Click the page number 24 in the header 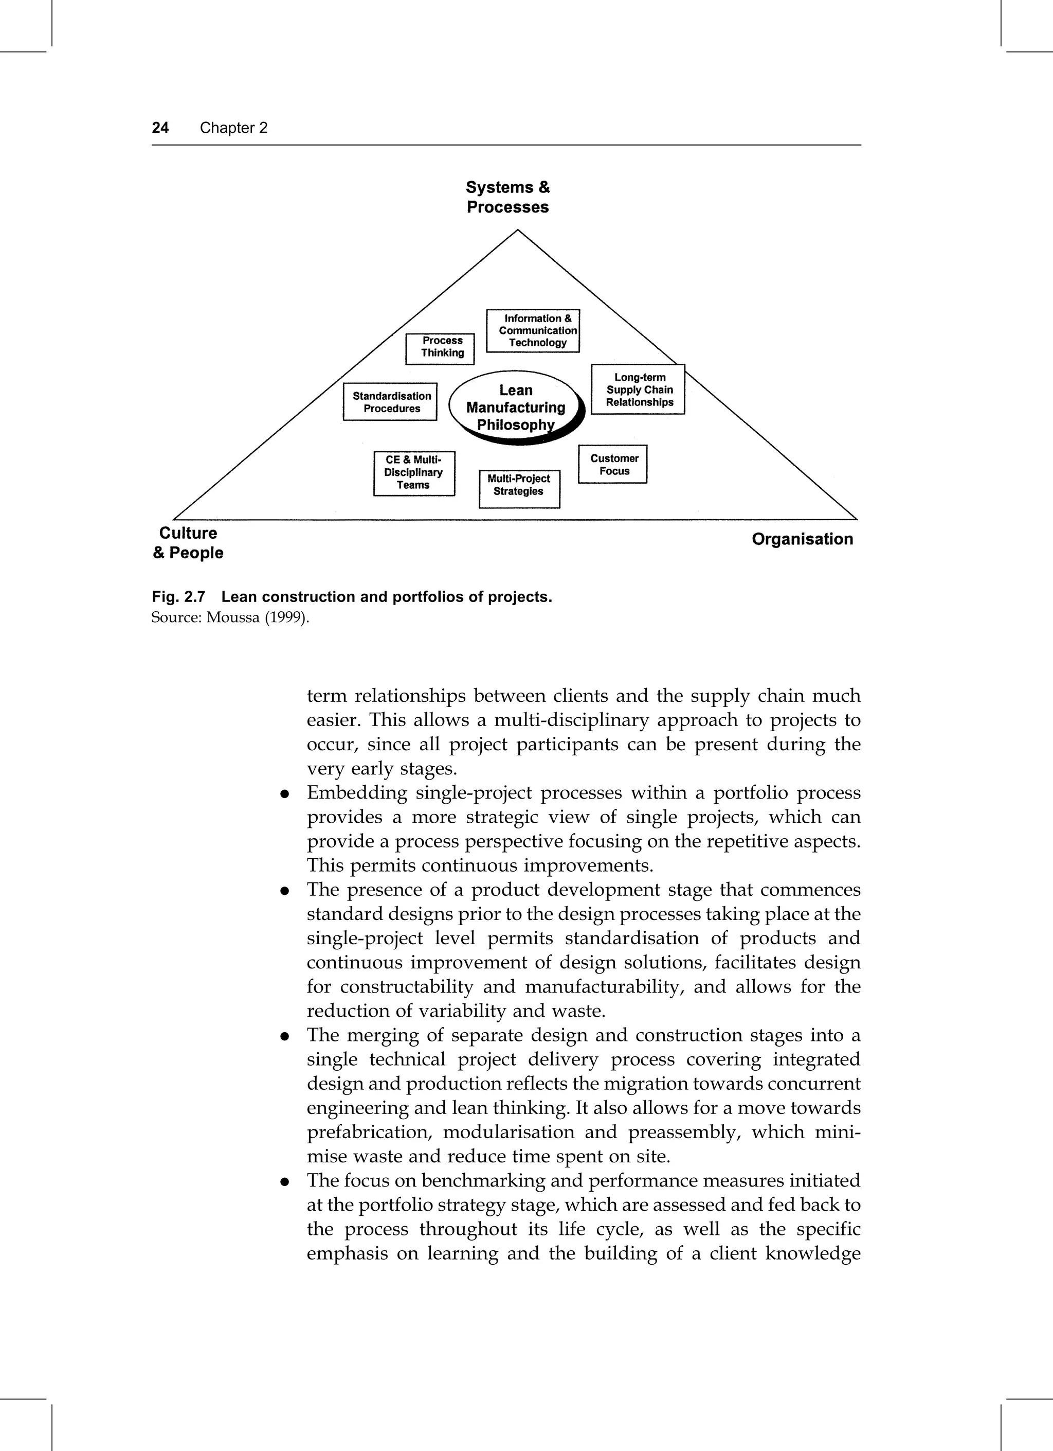160,128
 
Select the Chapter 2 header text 233,128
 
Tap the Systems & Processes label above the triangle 507,197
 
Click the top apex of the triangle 517,231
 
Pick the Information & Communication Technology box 533,331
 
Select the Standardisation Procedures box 390,402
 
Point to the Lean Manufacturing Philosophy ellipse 515,408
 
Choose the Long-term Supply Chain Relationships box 638,390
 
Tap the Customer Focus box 612,465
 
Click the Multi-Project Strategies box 519,488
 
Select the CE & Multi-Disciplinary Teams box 414,473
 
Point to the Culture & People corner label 188,543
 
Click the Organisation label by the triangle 802,539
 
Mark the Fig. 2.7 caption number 178,597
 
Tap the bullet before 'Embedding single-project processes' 283,794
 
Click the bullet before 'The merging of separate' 283,1036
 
